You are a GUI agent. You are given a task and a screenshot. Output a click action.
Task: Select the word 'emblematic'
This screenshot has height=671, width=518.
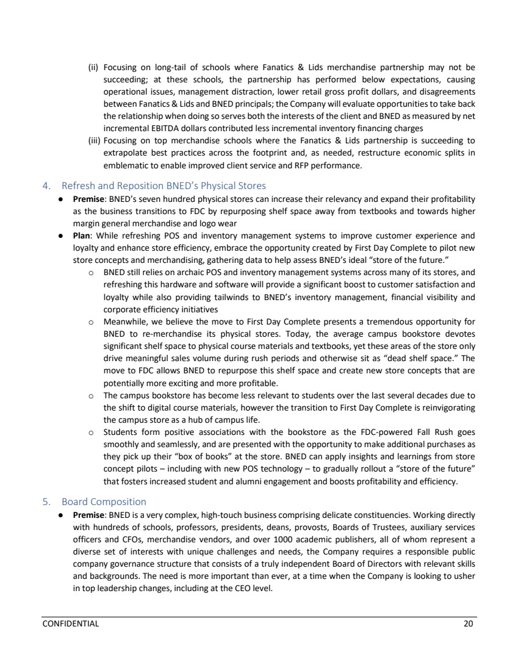[x=121, y=162]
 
